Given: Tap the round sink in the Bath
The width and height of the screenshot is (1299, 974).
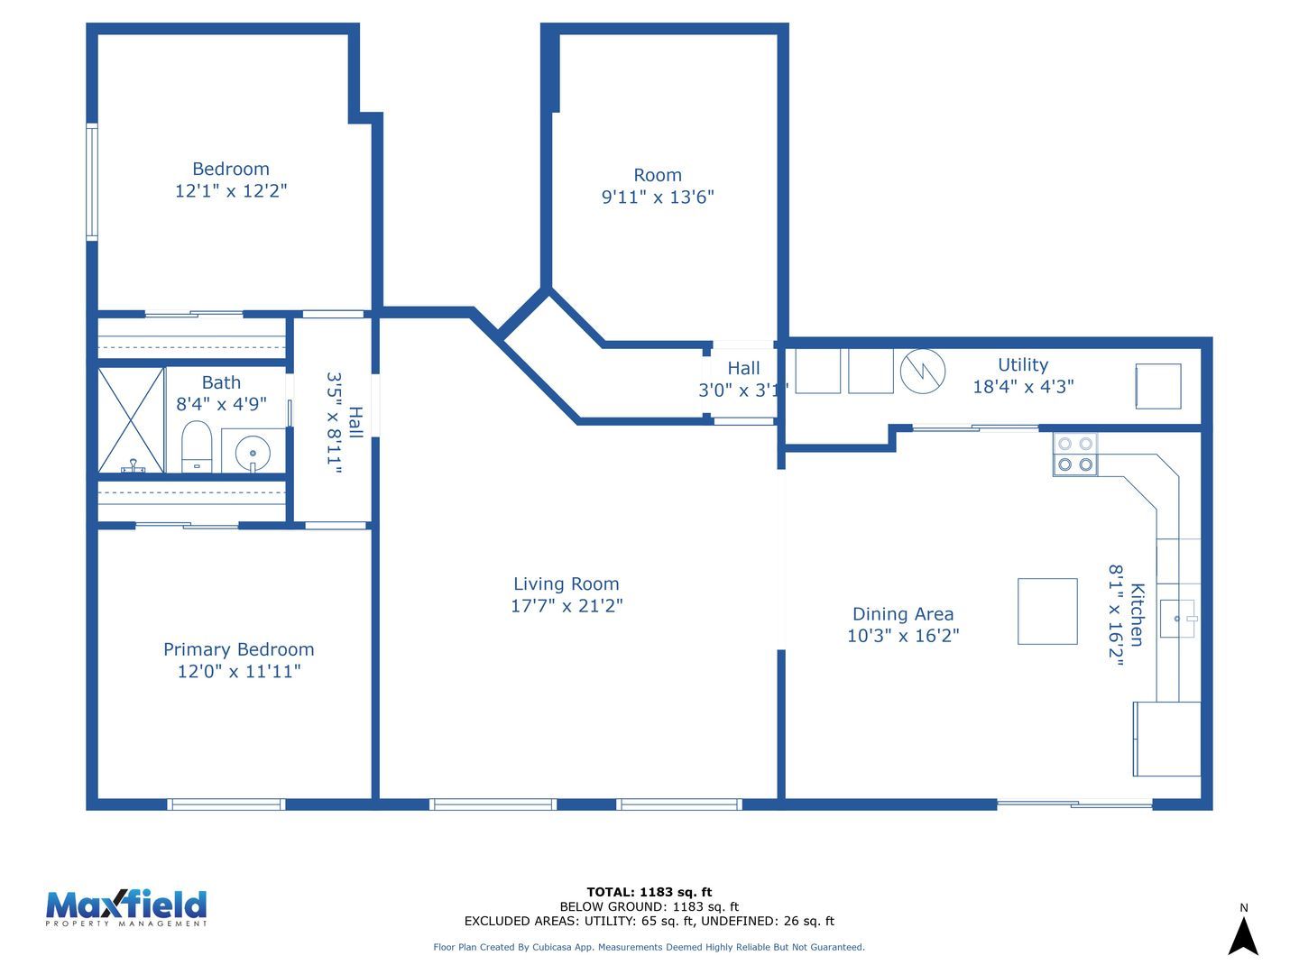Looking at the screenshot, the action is [253, 453].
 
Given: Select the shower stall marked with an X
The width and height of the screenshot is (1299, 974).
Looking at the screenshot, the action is [131, 420].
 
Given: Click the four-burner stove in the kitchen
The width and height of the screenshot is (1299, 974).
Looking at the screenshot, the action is [1074, 455].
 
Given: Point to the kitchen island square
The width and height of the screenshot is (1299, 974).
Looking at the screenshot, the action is [1047, 611].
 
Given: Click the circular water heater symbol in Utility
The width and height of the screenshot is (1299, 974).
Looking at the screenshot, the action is [922, 371].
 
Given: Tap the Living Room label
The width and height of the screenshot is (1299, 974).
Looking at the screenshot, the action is [566, 583].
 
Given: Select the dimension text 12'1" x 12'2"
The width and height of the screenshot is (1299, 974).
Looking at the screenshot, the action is [231, 190].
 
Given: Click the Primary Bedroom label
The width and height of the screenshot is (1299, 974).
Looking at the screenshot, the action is [238, 649].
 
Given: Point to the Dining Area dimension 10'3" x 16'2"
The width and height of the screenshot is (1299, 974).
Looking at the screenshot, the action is [902, 636].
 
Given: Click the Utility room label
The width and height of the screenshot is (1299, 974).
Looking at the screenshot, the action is [1023, 364].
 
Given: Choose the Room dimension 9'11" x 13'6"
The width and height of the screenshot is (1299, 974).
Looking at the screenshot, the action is [658, 197].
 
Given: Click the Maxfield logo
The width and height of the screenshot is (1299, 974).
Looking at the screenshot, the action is [126, 908].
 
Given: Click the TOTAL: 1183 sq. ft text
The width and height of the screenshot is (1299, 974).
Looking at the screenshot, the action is [649, 892].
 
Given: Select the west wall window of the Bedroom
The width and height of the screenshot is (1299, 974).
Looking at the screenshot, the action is [92, 181].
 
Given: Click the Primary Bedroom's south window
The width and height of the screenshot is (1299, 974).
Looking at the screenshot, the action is [226, 804].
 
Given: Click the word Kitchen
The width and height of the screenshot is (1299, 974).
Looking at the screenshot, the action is [1137, 615].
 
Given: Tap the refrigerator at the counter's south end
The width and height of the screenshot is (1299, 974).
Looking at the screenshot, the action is [1166, 739].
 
